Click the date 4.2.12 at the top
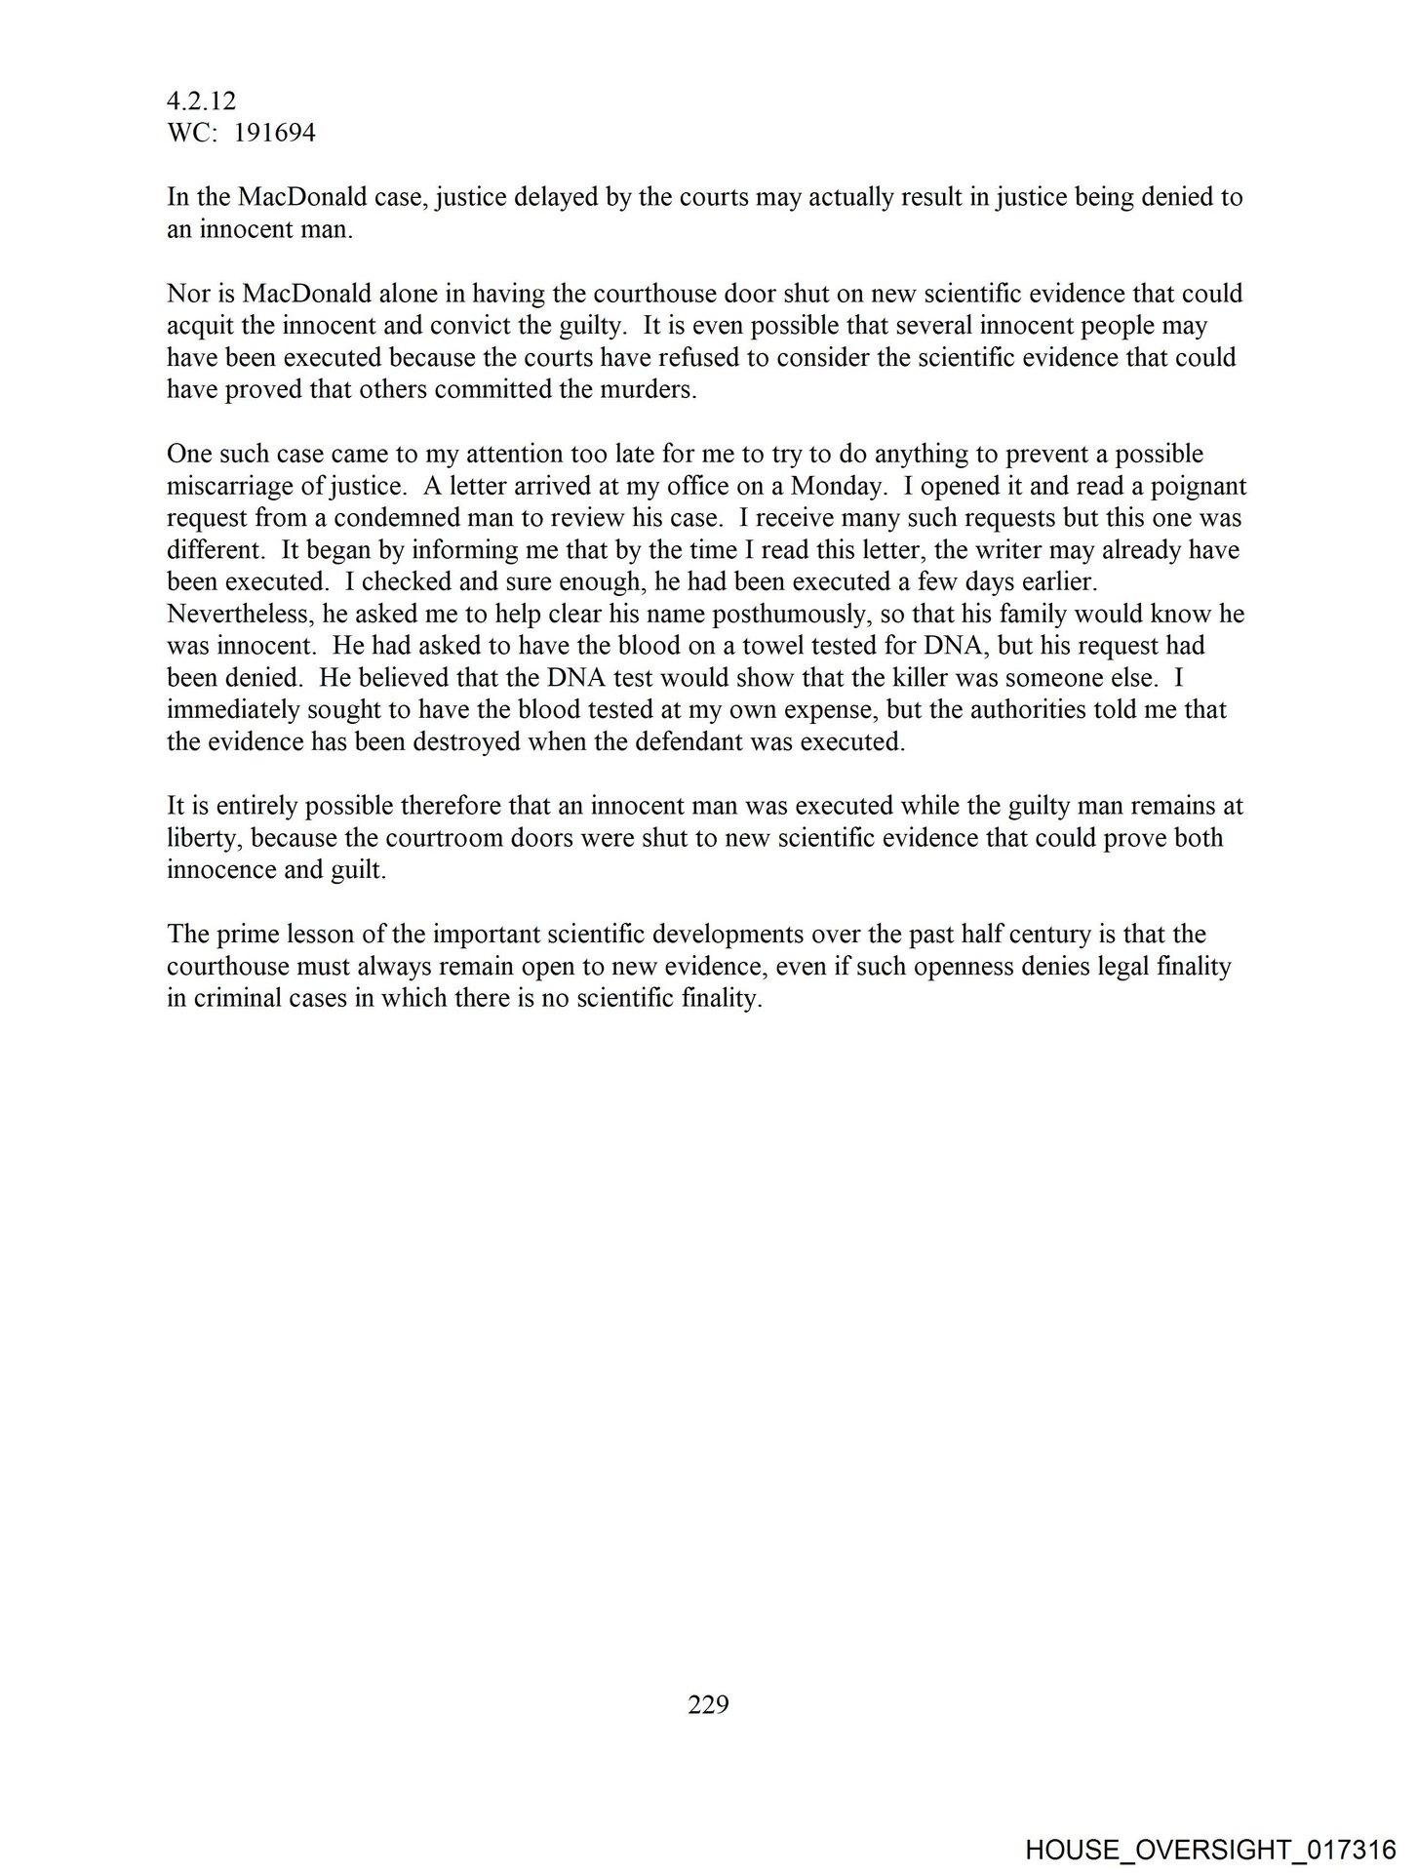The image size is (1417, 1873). pos(201,101)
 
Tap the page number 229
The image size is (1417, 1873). pos(708,1704)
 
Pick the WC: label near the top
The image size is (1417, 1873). pos(189,133)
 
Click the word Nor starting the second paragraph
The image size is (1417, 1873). pos(186,294)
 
